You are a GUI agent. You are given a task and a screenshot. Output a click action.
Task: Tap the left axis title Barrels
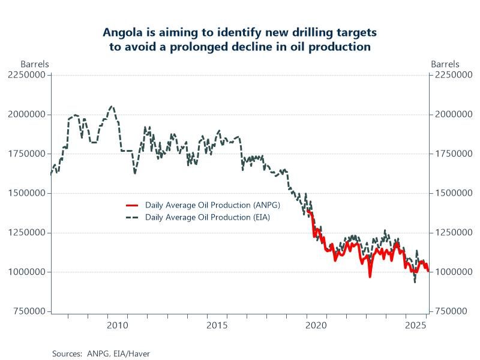pyautogui.click(x=35, y=64)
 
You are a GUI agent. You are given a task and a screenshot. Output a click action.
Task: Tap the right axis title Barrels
pyautogui.click(x=445, y=64)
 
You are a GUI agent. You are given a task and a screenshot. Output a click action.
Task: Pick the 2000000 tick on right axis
pyautogui.click(x=454, y=115)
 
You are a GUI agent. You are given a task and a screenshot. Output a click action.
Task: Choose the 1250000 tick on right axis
pyautogui.click(x=454, y=233)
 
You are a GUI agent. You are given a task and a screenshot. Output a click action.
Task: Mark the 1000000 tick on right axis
pyautogui.click(x=454, y=272)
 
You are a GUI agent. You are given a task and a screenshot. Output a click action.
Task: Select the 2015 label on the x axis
pyautogui.click(x=217, y=326)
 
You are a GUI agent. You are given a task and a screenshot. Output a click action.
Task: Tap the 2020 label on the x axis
pyautogui.click(x=316, y=326)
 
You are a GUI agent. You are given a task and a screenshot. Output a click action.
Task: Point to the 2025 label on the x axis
pyautogui.click(x=416, y=326)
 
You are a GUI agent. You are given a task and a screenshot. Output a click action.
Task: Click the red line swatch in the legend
pyautogui.click(x=131, y=205)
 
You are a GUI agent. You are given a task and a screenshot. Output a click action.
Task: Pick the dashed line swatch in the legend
pyautogui.click(x=131, y=217)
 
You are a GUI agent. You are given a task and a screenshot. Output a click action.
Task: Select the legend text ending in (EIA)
pyautogui.click(x=208, y=217)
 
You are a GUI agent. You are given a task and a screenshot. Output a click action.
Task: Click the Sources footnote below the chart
pyautogui.click(x=101, y=353)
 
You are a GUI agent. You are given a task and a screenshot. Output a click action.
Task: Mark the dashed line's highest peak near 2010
pyautogui.click(x=112, y=106)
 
